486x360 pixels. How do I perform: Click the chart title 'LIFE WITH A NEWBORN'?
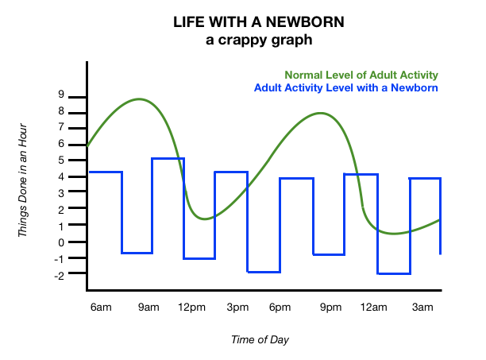click(242, 22)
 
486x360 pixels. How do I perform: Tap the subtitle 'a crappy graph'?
click(242, 38)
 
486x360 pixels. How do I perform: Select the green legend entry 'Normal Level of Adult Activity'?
click(361, 75)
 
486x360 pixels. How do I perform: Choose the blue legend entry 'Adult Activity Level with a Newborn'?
click(346, 87)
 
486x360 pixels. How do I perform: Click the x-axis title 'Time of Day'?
click(260, 339)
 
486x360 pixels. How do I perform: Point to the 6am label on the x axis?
click(101, 307)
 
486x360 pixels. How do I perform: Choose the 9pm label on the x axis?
click(330, 307)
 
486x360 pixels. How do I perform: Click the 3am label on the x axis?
click(422, 307)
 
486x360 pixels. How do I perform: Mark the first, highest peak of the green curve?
click(140, 99)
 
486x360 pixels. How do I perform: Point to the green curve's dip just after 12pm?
click(205, 218)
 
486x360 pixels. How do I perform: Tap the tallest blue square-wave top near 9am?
click(168, 159)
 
